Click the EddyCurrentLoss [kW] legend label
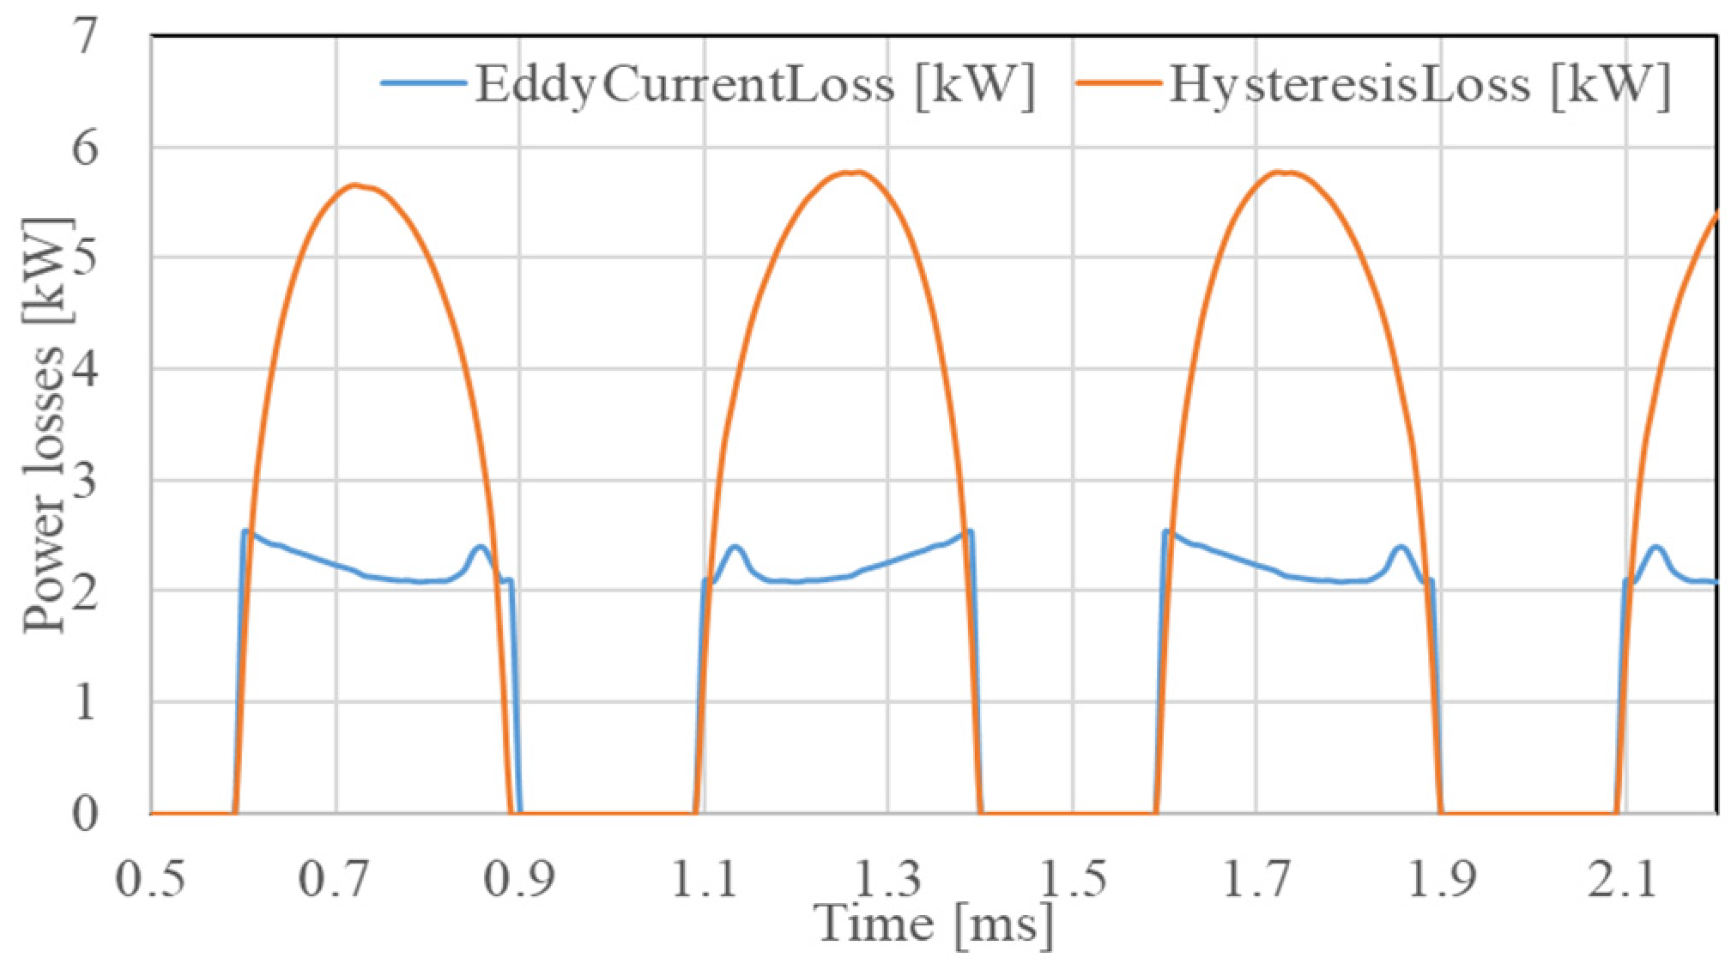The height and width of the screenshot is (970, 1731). [754, 86]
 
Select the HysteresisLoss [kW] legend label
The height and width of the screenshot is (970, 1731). [1419, 86]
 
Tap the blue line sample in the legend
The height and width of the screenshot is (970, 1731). [424, 85]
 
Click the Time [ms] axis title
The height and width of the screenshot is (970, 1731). [934, 924]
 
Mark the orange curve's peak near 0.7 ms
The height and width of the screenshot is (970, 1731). [354, 185]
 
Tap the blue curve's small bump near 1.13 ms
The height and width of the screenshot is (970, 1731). [735, 546]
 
